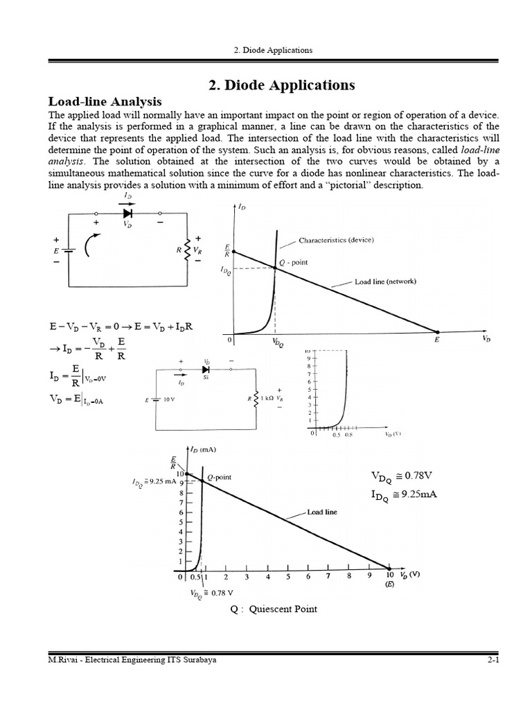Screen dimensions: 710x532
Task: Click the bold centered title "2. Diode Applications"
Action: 281,85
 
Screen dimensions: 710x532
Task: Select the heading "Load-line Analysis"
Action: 104,101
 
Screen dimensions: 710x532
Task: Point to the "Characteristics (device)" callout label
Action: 336,241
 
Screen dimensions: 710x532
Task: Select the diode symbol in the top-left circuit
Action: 127,214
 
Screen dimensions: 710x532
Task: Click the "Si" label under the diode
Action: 206,377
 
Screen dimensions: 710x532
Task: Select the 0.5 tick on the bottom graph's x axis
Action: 196,576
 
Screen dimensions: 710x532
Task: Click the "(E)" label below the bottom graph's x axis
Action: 389,585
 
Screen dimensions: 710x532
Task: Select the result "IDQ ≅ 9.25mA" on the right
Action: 405,495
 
